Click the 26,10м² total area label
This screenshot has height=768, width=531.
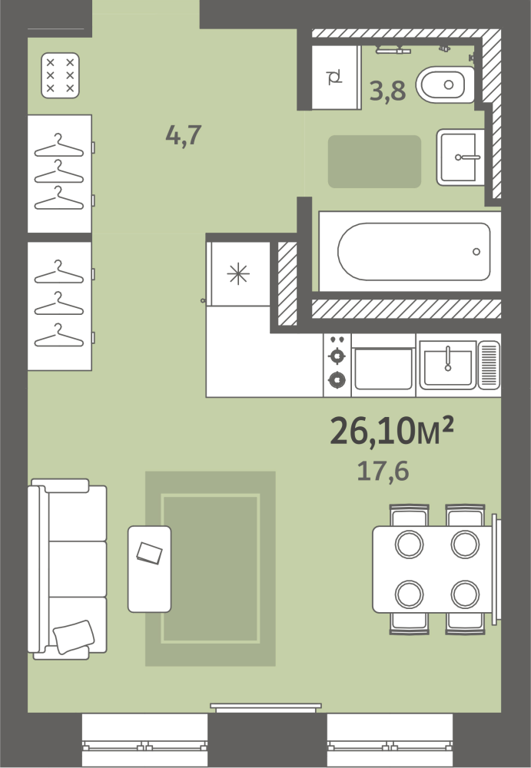[x=392, y=431]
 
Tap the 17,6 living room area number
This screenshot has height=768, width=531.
[x=383, y=472]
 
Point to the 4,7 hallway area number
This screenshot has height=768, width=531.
[x=184, y=135]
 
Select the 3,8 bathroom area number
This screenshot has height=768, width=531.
[x=387, y=91]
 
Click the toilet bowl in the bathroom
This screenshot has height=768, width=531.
[x=445, y=84]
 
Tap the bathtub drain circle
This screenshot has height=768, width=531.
[x=476, y=252]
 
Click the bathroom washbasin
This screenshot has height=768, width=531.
[x=460, y=157]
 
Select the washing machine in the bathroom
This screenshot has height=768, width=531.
[x=337, y=77]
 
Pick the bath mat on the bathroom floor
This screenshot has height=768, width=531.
[x=374, y=161]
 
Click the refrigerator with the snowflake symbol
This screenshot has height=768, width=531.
[x=238, y=273]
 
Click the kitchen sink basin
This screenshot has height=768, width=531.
[x=447, y=366]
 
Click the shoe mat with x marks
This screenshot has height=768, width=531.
[x=60, y=75]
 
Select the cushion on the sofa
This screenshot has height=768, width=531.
[x=74, y=636]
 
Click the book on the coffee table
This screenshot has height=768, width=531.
[x=150, y=553]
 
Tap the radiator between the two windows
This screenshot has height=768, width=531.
[x=266, y=707]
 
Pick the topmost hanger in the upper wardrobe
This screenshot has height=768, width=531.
[x=59, y=145]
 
